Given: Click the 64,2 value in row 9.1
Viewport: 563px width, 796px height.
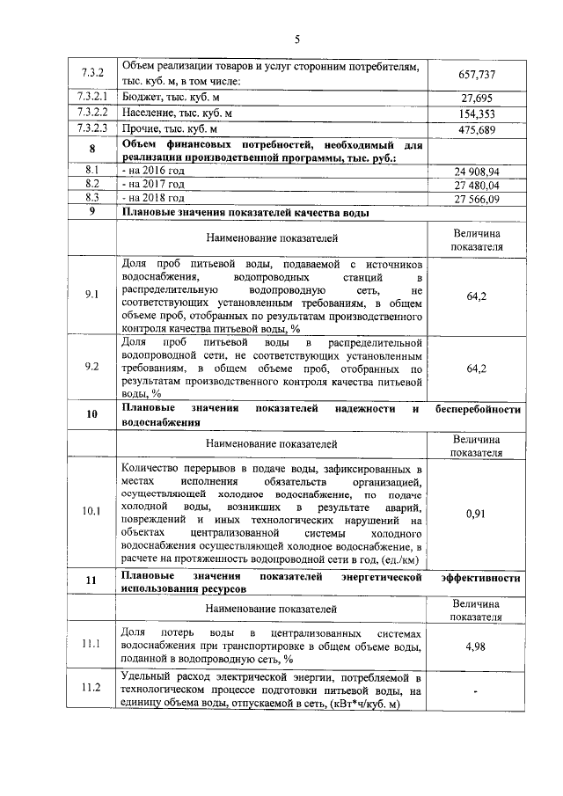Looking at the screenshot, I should pos(477,296).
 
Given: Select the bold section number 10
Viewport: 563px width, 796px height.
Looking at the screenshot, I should pos(91,414).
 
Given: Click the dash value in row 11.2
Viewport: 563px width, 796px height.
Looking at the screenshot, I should pos(477,692).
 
